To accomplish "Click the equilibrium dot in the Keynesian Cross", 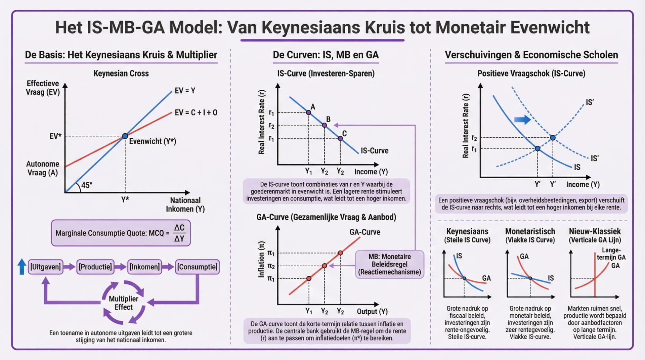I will tap(125, 136).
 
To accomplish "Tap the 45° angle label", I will tap(87, 185).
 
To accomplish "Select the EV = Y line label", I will tap(185, 91).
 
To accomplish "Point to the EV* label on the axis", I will tap(55, 136).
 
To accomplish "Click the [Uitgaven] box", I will tap(45, 267).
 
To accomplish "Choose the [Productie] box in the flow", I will tap(95, 267).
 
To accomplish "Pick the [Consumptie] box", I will tap(197, 267).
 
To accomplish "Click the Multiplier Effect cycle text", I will tap(123, 303).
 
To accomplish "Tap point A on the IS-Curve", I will tap(308, 113).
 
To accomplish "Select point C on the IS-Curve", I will tap(340, 138).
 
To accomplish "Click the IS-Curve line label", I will tap(374, 150).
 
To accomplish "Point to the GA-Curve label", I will tap(365, 232).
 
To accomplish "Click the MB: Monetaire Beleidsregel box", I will tap(389, 264).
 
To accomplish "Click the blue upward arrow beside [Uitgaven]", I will tap(22, 267).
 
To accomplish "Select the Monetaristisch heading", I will tap(530, 231).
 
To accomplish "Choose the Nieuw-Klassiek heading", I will tap(595, 231).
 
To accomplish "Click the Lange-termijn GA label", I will tap(611, 254).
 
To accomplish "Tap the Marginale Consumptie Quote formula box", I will tap(121, 233).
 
